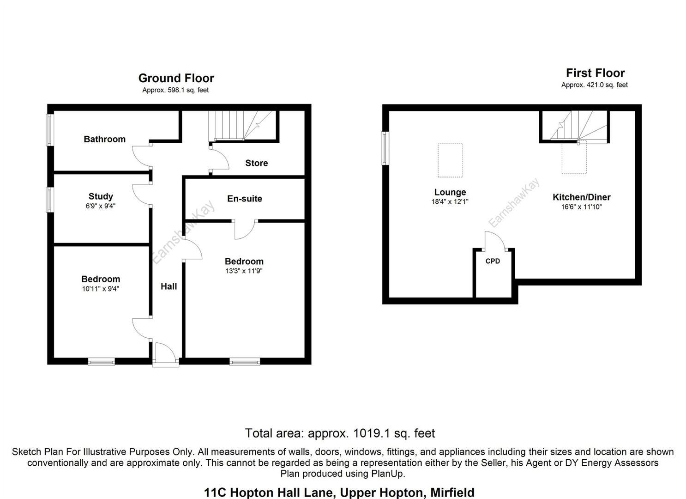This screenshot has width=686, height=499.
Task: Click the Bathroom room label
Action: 104,139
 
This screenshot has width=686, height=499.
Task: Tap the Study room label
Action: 101,196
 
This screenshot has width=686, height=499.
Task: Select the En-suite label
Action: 244,199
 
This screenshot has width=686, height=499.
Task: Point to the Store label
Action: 256,163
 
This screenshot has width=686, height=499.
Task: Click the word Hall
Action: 168,286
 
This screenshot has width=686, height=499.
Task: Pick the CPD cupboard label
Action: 493,261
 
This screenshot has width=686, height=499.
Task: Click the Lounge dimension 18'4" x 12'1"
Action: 450,201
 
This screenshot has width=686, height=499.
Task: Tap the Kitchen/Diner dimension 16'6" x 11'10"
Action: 581,207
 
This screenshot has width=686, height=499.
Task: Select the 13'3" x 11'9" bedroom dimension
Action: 244,271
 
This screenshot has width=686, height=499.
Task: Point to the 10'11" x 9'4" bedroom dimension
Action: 101,289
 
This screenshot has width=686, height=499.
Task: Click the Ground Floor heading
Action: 176,78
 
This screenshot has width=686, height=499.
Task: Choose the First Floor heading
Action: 595,73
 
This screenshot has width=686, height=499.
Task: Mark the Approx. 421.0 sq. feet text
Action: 594,85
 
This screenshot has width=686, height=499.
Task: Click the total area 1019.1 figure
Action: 371,433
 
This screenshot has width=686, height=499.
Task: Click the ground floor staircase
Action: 242,125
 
